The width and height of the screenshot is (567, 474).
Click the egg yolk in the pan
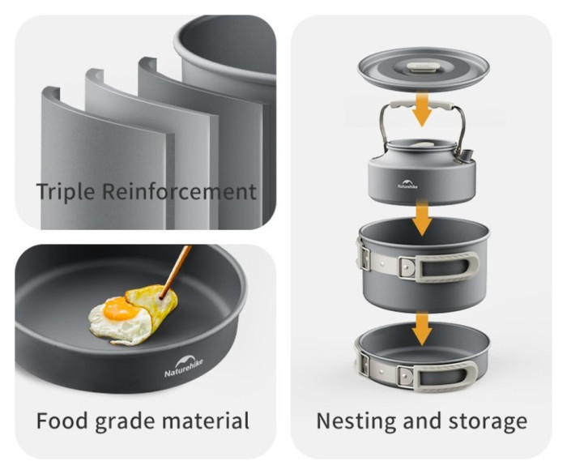[118, 308]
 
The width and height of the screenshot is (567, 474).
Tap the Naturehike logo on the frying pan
[184, 366]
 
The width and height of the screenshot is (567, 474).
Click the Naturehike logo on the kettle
[407, 183]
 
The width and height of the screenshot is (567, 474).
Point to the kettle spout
[467, 155]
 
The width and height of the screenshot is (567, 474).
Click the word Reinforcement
[179, 191]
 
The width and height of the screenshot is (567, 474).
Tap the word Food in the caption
[62, 421]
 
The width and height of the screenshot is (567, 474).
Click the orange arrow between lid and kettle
[422, 109]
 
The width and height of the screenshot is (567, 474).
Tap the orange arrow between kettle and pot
[422, 216]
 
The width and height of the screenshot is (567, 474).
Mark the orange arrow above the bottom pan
[422, 329]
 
